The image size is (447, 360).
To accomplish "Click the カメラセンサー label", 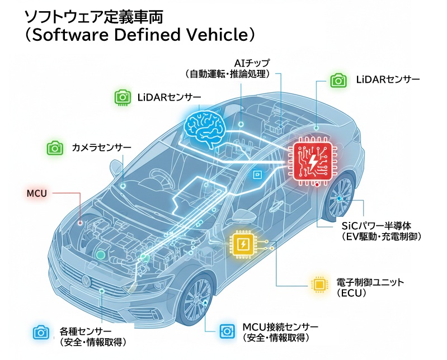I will pyautogui.click(x=101, y=148).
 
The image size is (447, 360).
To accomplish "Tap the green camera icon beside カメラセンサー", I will pyautogui.click(x=54, y=148).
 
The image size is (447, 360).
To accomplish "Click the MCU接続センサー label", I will pyautogui.click(x=280, y=326).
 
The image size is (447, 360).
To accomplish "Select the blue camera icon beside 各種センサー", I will pyautogui.click(x=40, y=332).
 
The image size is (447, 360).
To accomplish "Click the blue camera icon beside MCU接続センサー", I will pyautogui.click(x=225, y=329).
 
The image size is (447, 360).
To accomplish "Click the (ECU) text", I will pyautogui.click(x=351, y=293).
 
